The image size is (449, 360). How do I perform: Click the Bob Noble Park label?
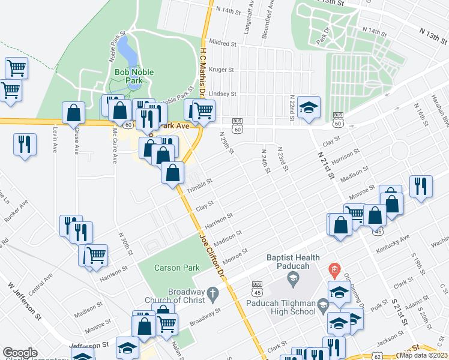134,76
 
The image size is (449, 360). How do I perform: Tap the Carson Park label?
172,268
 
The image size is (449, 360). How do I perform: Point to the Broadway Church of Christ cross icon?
212,294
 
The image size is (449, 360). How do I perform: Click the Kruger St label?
221,70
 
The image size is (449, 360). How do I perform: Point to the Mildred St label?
224,43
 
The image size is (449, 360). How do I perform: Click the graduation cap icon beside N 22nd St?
309,107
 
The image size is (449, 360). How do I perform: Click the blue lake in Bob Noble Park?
127,53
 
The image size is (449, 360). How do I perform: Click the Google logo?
20,353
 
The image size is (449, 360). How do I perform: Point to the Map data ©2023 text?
423,355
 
